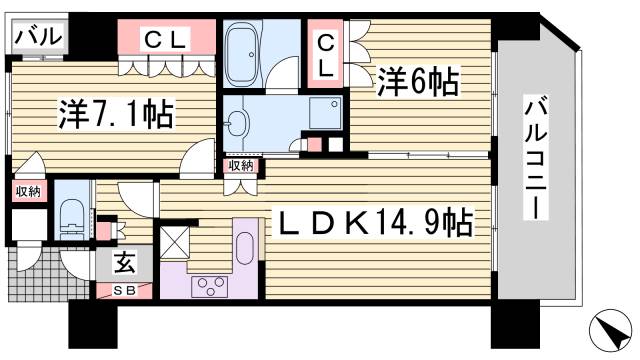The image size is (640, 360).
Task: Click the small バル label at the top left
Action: pyautogui.click(x=38, y=38)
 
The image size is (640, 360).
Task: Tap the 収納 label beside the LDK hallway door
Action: pyautogui.click(x=240, y=166)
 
